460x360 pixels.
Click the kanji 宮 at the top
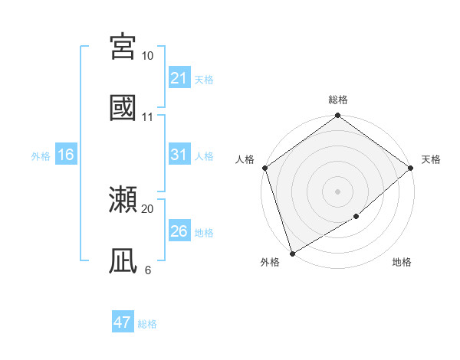pos(123,47)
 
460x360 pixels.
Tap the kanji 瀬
pos(123,200)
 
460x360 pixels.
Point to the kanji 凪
pos(123,260)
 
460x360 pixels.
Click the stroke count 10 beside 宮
pos(147,56)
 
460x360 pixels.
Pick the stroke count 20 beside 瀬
pos(147,208)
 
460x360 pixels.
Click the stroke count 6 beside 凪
pos(147,270)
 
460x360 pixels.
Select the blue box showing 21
pos(179,78)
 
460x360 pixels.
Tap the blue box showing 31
pos(179,155)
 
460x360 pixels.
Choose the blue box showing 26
pos(179,231)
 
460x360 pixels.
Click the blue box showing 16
pos(66,155)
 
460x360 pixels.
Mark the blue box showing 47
pos(123,322)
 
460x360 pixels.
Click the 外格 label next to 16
pos(41,155)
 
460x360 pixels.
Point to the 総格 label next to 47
pos(147,324)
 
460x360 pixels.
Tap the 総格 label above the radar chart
pos(338,100)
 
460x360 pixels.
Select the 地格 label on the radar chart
pos(402,263)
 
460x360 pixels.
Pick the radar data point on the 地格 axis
pos(356,217)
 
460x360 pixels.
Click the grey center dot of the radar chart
pos(338,191)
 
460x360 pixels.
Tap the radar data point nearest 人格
pos(264,168)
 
